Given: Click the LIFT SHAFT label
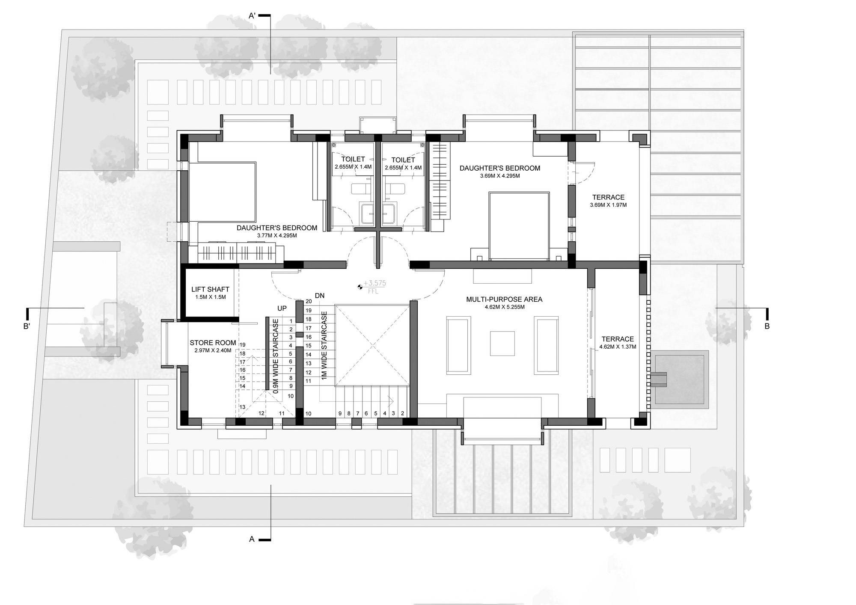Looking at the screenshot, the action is tap(210, 290).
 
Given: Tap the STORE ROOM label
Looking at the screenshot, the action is tap(213, 343).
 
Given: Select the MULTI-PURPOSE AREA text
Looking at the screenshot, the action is tap(504, 300).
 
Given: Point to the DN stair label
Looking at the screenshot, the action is tap(320, 296).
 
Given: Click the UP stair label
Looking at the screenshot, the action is tap(282, 308).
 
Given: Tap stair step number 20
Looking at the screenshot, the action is tap(309, 302).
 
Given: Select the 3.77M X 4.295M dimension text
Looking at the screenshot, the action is tap(277, 235).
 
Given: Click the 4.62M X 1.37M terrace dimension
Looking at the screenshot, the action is tap(618, 347).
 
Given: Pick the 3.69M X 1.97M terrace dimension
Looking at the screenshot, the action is tap(608, 205).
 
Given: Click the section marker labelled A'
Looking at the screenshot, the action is tap(253, 16).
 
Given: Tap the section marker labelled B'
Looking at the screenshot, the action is tap(27, 326).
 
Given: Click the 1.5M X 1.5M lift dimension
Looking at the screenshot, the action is tap(210, 297).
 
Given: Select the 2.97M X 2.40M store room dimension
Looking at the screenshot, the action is tap(213, 350).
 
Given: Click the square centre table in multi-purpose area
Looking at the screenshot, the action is tap(502, 344).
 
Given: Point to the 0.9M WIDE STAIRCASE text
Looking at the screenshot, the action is tap(276, 355).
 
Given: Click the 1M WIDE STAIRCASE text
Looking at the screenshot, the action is tap(324, 345).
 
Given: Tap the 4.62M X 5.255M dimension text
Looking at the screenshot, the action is tap(504, 307).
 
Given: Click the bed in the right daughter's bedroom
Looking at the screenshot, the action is tap(519, 226).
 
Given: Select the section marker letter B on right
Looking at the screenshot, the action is tap(767, 326).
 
